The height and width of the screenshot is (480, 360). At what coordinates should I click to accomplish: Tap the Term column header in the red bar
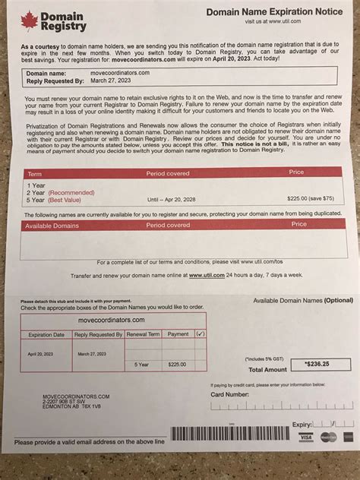pyautogui.click(x=35, y=173)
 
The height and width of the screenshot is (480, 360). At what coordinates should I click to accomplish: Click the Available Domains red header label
pyautogui.click(x=52, y=225)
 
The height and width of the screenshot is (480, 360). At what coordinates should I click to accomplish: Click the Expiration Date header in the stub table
pyautogui.click(x=46, y=334)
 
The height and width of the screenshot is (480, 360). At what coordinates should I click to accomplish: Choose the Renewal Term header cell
pyautogui.click(x=142, y=334)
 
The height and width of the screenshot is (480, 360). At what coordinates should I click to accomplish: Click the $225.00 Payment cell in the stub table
pyautogui.click(x=177, y=365)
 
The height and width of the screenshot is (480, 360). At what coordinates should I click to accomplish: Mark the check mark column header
pyautogui.click(x=201, y=333)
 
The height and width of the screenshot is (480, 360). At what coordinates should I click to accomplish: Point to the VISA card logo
pyautogui.click(x=306, y=437)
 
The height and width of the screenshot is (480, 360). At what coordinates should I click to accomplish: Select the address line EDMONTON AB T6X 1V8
pyautogui.click(x=52, y=406)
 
